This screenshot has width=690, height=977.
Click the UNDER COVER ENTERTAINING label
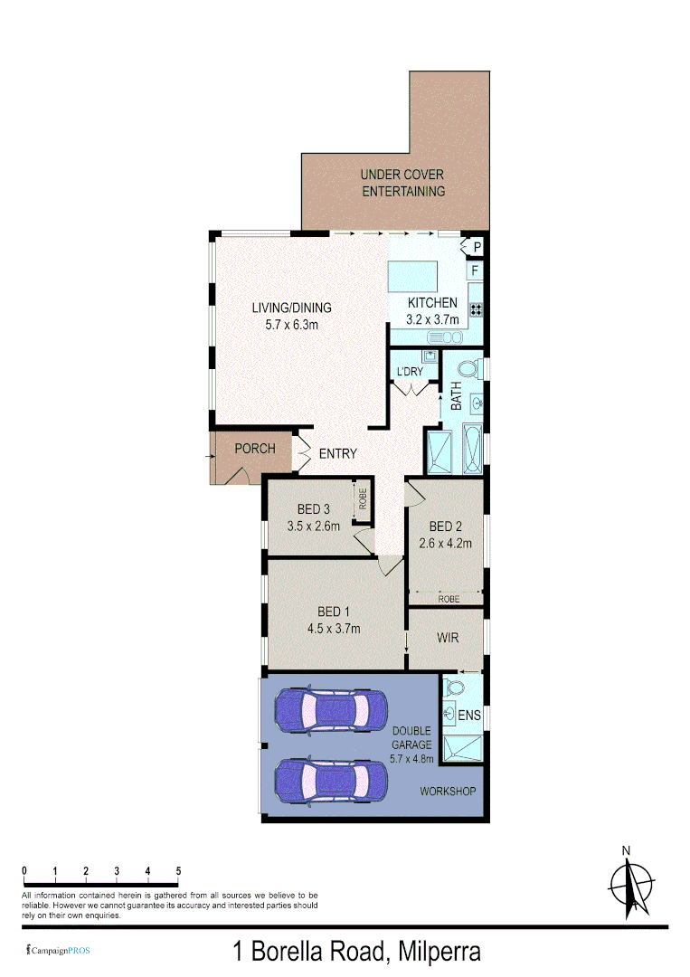[403, 183]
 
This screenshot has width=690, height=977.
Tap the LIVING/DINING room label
[291, 307]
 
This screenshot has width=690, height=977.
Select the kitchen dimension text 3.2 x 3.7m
[433, 319]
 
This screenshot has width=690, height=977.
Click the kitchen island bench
[412, 276]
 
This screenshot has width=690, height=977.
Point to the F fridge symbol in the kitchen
[475, 270]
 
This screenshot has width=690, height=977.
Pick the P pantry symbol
[477, 246]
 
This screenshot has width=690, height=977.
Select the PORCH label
[255, 449]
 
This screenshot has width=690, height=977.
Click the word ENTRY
[337, 453]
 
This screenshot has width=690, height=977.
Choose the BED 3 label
[313, 509]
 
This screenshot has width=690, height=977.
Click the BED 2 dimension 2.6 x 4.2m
[445, 544]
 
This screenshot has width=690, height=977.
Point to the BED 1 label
[334, 612]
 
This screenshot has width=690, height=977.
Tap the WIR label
[448, 638]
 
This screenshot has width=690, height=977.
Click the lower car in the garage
[330, 779]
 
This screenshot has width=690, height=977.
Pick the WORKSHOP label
[448, 792]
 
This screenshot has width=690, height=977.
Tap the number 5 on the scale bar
[178, 870]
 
